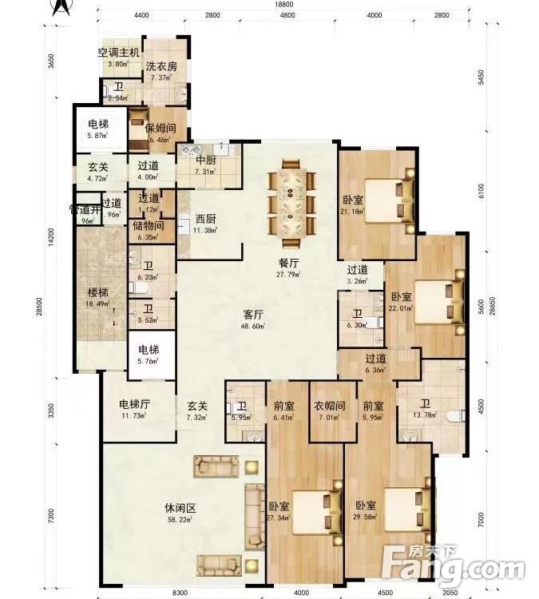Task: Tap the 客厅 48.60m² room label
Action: (x=254, y=319)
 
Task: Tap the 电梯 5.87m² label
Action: (x=99, y=129)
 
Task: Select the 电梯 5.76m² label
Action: (x=148, y=355)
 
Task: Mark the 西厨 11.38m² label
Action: (x=205, y=224)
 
